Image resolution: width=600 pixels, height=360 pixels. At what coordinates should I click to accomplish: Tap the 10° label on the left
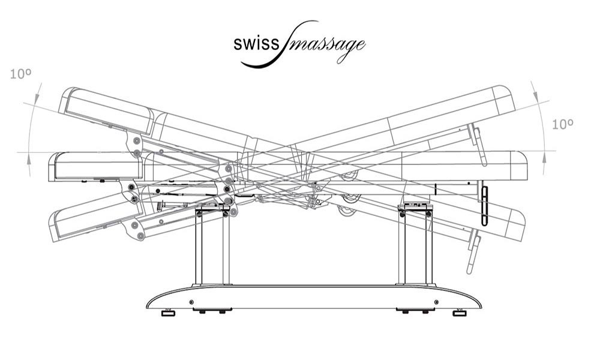pyautogui.click(x=20, y=74)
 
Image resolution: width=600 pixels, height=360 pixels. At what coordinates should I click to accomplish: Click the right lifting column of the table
pyautogui.click(x=415, y=246)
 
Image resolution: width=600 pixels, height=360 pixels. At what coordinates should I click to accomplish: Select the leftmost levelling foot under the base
pyautogui.click(x=169, y=312)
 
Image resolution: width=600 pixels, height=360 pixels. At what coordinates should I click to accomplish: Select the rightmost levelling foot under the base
pyautogui.click(x=459, y=312)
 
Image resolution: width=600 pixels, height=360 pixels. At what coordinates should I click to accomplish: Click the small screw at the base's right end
pyautogui.click(x=436, y=301)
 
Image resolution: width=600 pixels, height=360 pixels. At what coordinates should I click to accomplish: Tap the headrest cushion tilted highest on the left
pyautogui.click(x=108, y=111)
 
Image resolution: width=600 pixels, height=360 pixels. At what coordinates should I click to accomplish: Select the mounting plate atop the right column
pyautogui.click(x=415, y=206)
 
